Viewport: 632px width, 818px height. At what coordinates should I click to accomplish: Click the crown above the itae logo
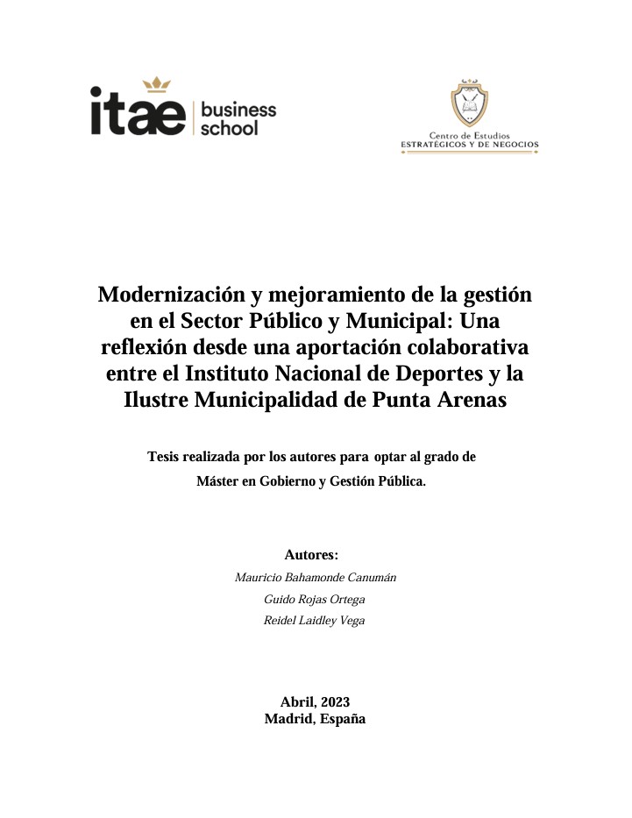[x=157, y=84]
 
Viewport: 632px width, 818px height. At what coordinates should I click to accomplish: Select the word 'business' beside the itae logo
[x=238, y=110]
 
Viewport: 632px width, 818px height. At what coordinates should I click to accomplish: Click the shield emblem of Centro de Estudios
[x=470, y=103]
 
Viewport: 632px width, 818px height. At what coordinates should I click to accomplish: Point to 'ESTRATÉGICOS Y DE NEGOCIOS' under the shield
[x=470, y=144]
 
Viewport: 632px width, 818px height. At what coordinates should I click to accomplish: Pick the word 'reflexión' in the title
[x=144, y=347]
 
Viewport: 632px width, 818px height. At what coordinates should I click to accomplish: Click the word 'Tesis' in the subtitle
[x=167, y=457]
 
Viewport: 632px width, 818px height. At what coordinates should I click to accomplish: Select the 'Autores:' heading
[x=311, y=555]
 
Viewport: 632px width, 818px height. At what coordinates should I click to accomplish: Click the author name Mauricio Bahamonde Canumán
[x=316, y=578]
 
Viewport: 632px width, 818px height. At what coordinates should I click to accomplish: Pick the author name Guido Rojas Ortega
[x=315, y=600]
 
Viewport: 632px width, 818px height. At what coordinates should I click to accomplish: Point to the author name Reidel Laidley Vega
[x=315, y=621]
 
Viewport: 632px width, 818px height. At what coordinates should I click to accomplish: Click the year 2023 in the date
[x=336, y=701]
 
